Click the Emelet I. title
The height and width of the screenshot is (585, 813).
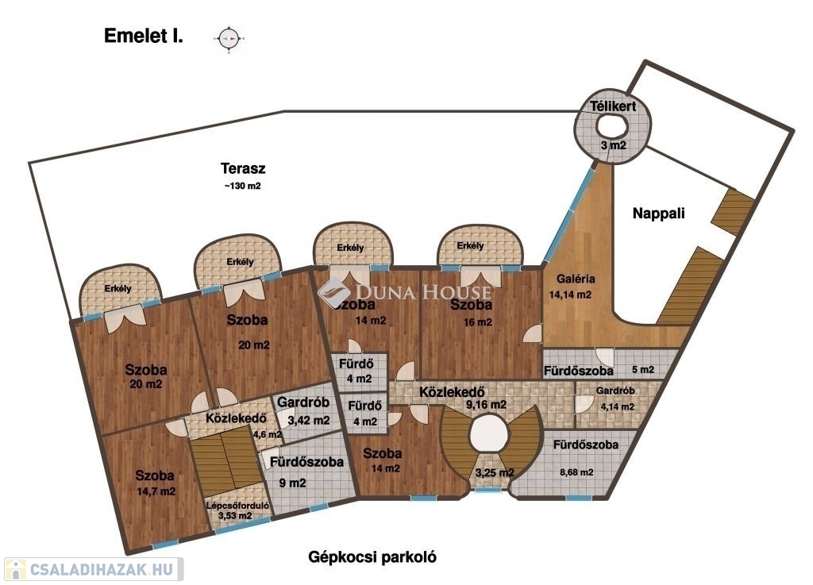click(144, 37)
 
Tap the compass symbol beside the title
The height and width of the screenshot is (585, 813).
click(229, 37)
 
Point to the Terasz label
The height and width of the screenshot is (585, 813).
click(243, 168)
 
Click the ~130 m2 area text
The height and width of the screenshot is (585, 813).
click(243, 187)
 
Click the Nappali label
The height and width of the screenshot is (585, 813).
click(658, 213)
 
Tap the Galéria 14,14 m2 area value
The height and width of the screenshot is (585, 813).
click(572, 294)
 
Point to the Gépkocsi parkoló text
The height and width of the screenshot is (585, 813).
click(372, 556)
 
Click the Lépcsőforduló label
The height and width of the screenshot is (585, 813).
click(228, 504)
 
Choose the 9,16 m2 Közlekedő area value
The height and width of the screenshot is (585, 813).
click(486, 404)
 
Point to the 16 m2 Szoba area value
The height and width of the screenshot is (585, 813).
click(477, 322)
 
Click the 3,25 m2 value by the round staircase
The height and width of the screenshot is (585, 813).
click(494, 472)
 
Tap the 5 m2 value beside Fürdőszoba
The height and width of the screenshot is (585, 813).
click(642, 370)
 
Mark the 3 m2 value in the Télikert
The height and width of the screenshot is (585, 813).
click(613, 145)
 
